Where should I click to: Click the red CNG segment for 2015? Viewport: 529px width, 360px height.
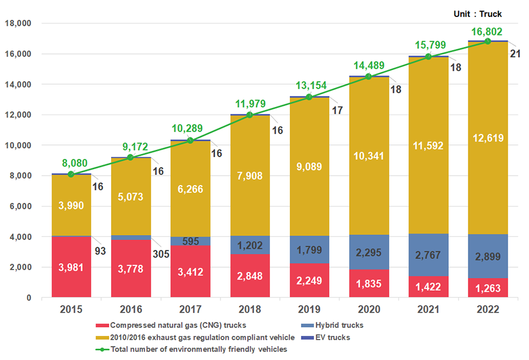point(71,267)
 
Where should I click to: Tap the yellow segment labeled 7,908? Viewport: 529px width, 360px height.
point(250,175)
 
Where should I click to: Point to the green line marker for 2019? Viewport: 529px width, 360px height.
point(309,97)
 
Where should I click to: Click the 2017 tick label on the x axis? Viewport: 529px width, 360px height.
point(190,309)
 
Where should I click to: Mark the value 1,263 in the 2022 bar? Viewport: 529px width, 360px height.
point(488,287)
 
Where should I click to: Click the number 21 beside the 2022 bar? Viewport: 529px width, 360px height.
point(515,55)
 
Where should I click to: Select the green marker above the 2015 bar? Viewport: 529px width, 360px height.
point(71,174)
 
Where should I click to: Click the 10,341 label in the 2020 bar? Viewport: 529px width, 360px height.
point(369,156)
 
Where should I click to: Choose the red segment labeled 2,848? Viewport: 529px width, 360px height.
point(250,277)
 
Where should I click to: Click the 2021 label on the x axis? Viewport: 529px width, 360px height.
point(428,309)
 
